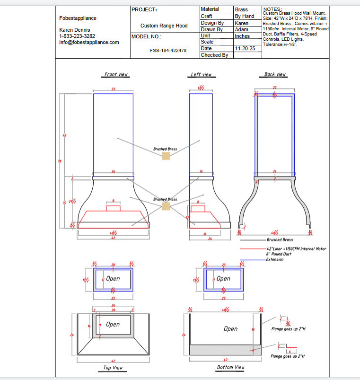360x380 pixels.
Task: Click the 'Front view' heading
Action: tap(116, 74)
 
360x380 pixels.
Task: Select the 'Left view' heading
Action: tap(201, 74)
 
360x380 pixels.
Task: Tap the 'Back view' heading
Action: tap(275, 74)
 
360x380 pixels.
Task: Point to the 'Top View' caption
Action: tap(113, 368)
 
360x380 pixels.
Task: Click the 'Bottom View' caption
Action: tap(230, 367)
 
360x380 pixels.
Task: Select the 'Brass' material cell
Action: tap(241, 9)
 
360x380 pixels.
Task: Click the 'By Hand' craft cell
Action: tap(245, 16)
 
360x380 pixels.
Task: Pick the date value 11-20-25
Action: tap(245, 49)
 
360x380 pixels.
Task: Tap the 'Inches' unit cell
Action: tap(242, 36)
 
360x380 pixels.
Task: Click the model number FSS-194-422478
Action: tap(168, 50)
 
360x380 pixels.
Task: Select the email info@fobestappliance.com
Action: tap(89, 42)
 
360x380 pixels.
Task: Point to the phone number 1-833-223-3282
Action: tap(77, 36)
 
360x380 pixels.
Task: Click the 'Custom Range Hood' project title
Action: tap(164, 26)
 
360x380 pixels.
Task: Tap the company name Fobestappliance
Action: tap(78, 18)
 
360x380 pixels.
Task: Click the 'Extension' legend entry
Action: tap(275, 259)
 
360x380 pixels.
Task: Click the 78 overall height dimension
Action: tap(60, 161)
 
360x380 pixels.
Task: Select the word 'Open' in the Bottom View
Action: tap(230, 328)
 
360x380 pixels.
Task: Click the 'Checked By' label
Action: tap(214, 55)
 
